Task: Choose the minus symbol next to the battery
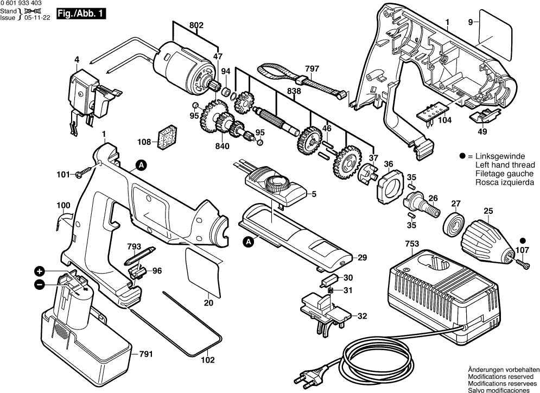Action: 40,284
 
